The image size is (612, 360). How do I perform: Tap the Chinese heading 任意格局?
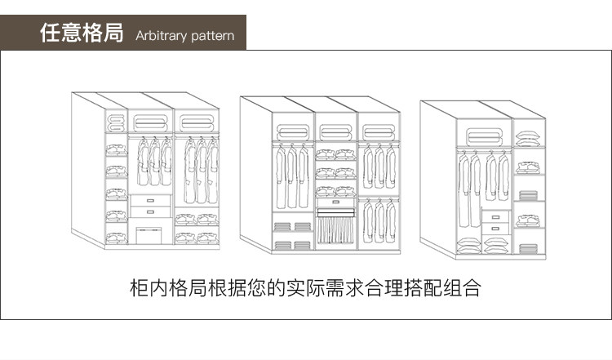[x=82, y=34]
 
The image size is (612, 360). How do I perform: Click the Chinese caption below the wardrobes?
[x=306, y=288]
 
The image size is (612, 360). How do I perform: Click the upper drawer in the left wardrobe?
[x=151, y=200]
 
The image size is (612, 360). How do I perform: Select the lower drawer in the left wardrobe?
[x=151, y=211]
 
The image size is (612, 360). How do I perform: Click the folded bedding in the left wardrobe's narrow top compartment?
[x=116, y=123]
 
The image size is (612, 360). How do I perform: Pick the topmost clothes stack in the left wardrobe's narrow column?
[x=116, y=149]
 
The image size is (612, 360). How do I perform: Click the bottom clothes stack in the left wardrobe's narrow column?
[x=116, y=238]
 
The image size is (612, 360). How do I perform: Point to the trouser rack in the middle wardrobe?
[x=335, y=228]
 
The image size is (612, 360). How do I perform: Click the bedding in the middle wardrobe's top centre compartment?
[x=335, y=131]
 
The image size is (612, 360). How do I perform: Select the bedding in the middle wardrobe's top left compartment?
[x=293, y=131]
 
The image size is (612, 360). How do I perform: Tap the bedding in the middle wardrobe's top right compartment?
[x=378, y=131]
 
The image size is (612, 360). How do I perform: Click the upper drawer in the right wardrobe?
[x=495, y=216]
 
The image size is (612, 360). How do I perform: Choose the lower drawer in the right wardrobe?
[x=495, y=229]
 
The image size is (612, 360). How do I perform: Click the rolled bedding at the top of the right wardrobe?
[x=484, y=135]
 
